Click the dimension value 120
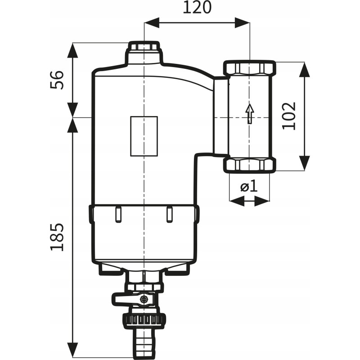(197, 8)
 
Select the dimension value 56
(57, 80)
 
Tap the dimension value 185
(57, 237)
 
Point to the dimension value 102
(289, 116)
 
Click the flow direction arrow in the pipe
(250, 114)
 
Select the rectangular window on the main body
(144, 136)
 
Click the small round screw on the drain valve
(144, 299)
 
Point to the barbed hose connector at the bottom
(144, 343)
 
